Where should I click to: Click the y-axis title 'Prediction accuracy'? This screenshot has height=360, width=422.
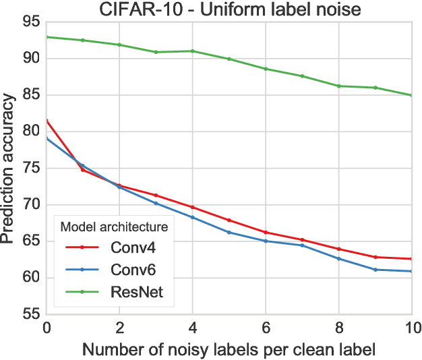(9, 168)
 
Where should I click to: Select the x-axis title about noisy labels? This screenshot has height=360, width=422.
(229, 350)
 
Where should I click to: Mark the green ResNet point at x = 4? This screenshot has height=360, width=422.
(192, 51)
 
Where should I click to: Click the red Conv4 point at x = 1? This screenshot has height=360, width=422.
(83, 170)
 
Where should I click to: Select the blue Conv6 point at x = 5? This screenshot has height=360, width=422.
(229, 232)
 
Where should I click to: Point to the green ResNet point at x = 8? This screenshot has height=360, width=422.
(338, 86)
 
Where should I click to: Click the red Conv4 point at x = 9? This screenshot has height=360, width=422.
(375, 257)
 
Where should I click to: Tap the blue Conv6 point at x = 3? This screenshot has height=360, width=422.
(156, 203)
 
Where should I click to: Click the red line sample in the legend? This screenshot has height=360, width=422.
(82, 247)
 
